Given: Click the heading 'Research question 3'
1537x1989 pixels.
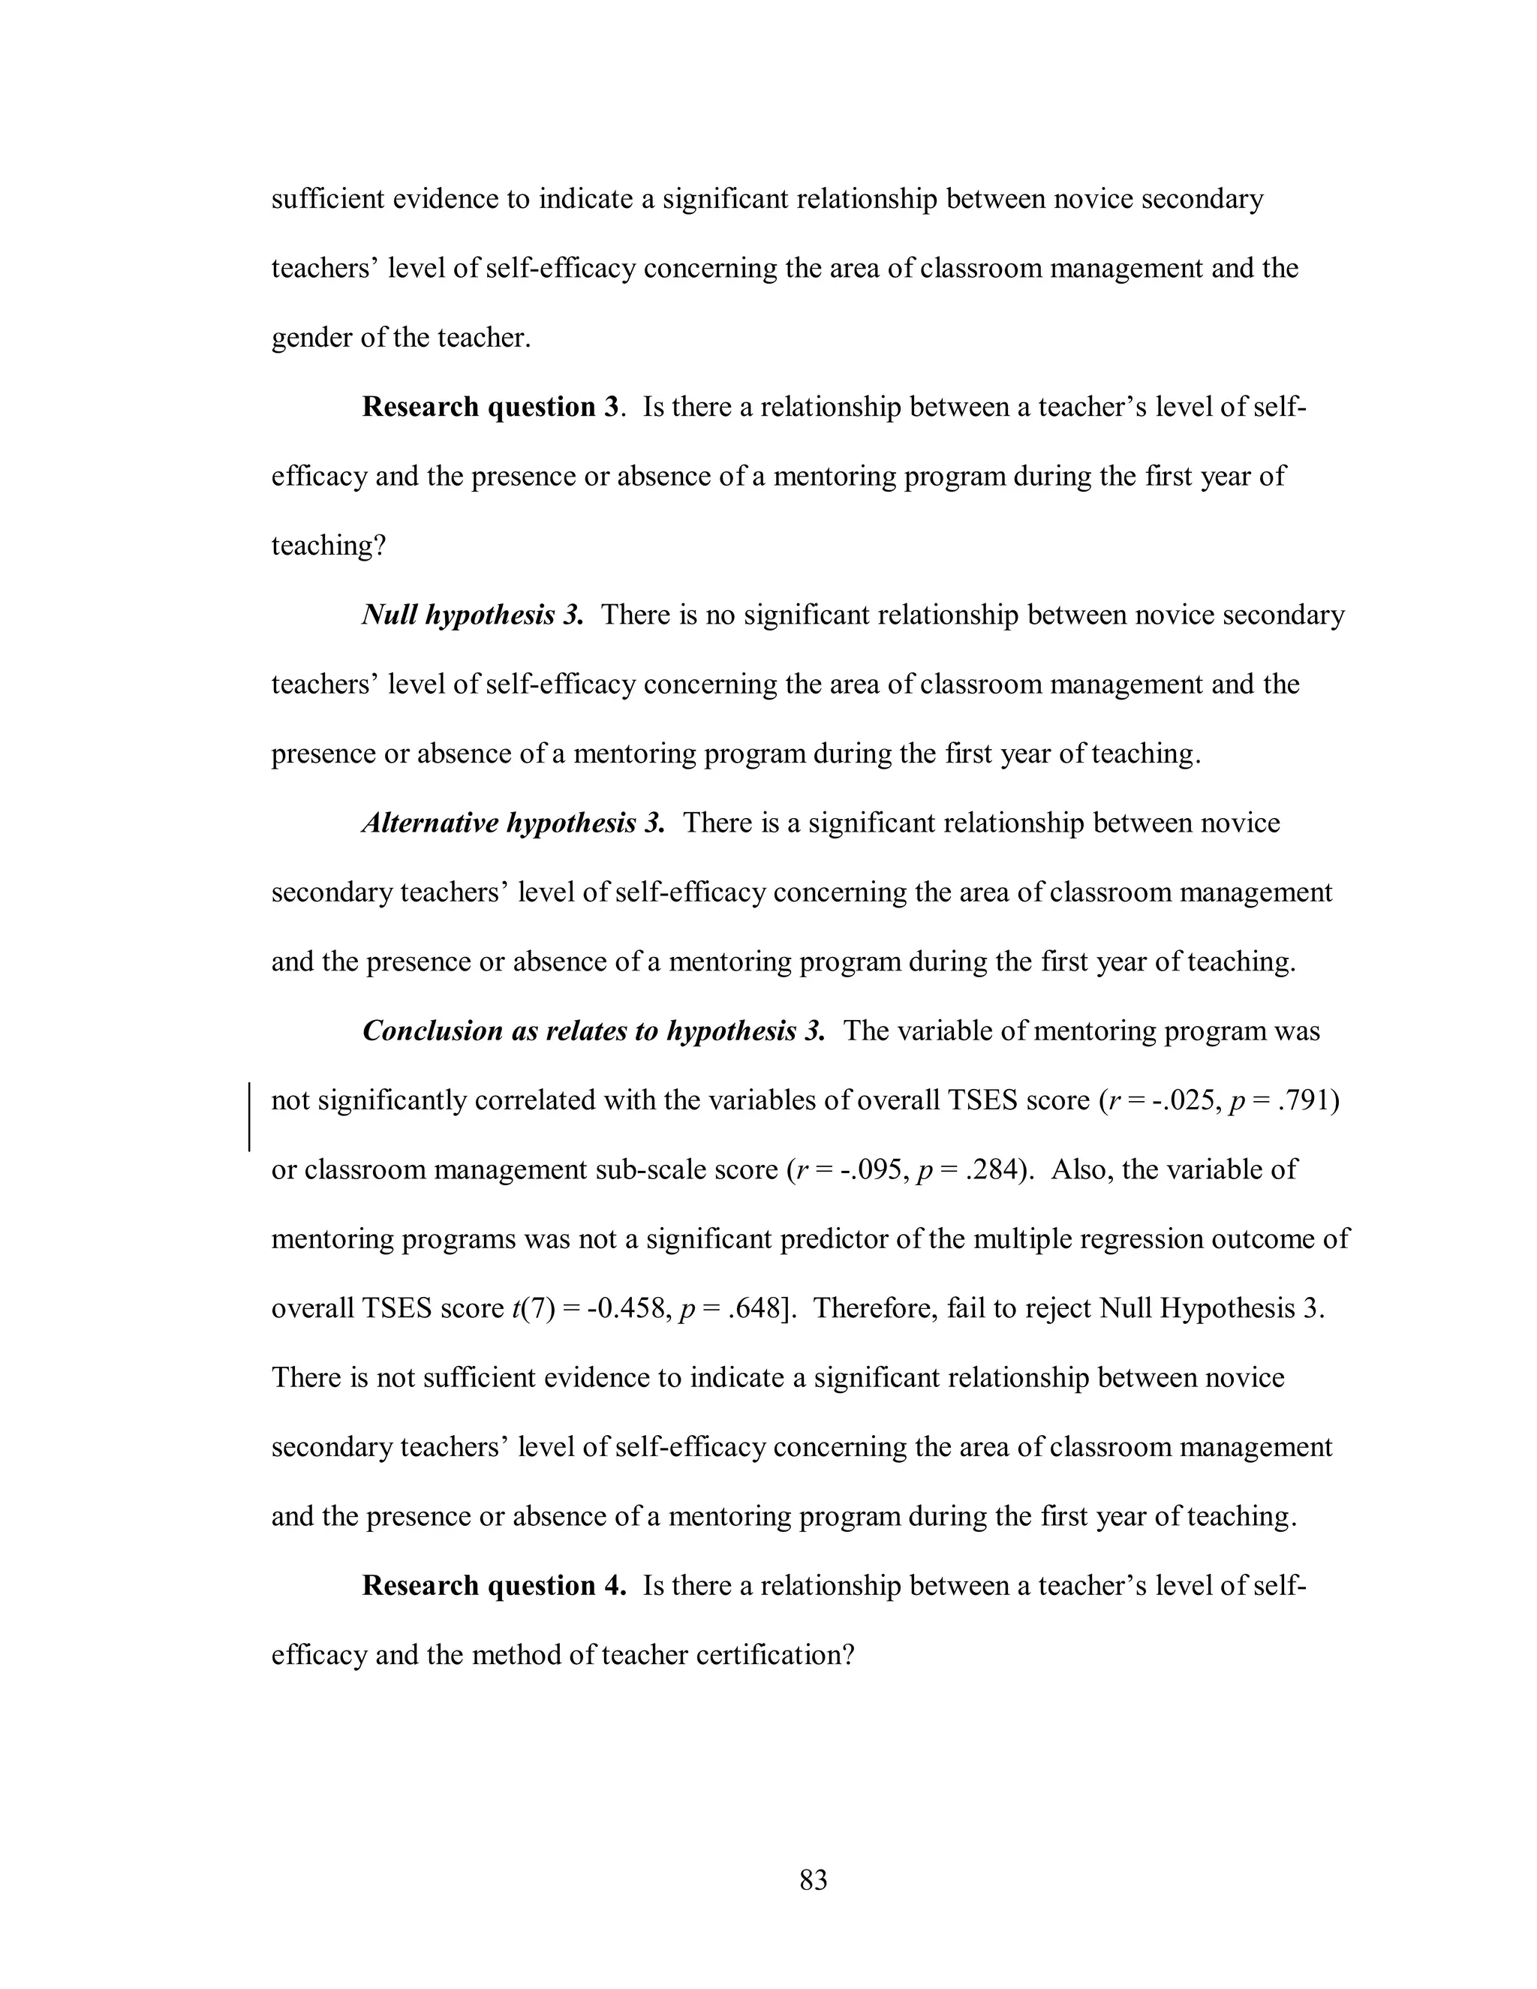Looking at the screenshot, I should [x=491, y=406].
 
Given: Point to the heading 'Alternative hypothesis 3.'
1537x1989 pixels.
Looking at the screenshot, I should [x=513, y=823].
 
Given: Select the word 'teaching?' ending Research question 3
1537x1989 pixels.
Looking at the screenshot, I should [x=329, y=546].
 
